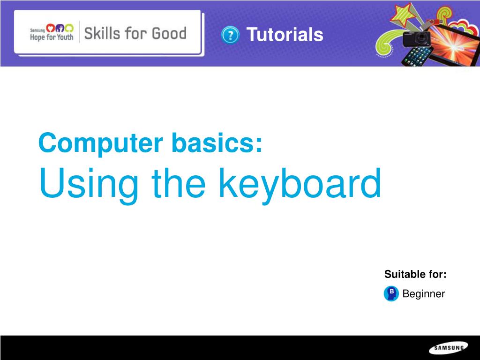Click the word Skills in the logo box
[102, 33]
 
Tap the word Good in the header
[169, 33]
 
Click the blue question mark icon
[230, 35]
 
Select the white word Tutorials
[285, 34]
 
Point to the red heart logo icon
[50, 28]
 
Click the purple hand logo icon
[60, 28]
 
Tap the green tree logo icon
[69, 28]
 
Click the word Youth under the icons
[65, 37]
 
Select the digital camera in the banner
[416, 38]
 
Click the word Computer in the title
[101, 143]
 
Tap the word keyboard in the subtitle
[300, 185]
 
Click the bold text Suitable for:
[415, 274]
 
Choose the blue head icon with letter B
[391, 293]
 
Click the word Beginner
[423, 293]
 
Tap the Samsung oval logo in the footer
[449, 348]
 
